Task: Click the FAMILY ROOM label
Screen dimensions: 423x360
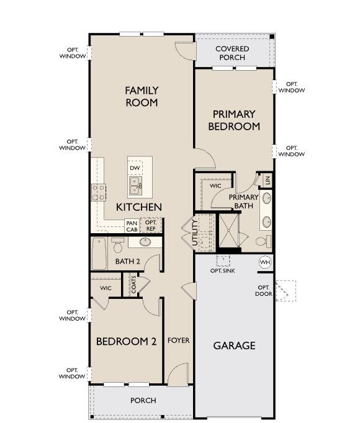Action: point(142,97)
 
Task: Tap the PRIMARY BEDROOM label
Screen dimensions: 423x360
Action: point(233,120)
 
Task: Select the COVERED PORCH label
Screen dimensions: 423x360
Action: point(232,53)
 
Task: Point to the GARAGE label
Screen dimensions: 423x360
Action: point(235,345)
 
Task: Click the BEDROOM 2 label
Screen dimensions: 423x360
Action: point(126,341)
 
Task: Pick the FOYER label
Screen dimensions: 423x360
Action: point(179,341)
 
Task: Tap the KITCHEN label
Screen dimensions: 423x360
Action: point(139,207)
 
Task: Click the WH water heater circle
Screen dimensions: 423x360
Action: point(265,262)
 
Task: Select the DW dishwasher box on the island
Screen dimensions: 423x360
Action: point(135,168)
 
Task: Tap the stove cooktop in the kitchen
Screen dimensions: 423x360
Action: point(99,192)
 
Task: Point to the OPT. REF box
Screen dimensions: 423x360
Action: point(151,226)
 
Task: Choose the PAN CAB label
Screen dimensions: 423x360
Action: point(132,226)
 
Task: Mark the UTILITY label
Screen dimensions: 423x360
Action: point(195,233)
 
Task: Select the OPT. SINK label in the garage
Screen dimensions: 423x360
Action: point(222,271)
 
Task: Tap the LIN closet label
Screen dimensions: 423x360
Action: point(268,180)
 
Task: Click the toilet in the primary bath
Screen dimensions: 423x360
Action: point(261,241)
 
